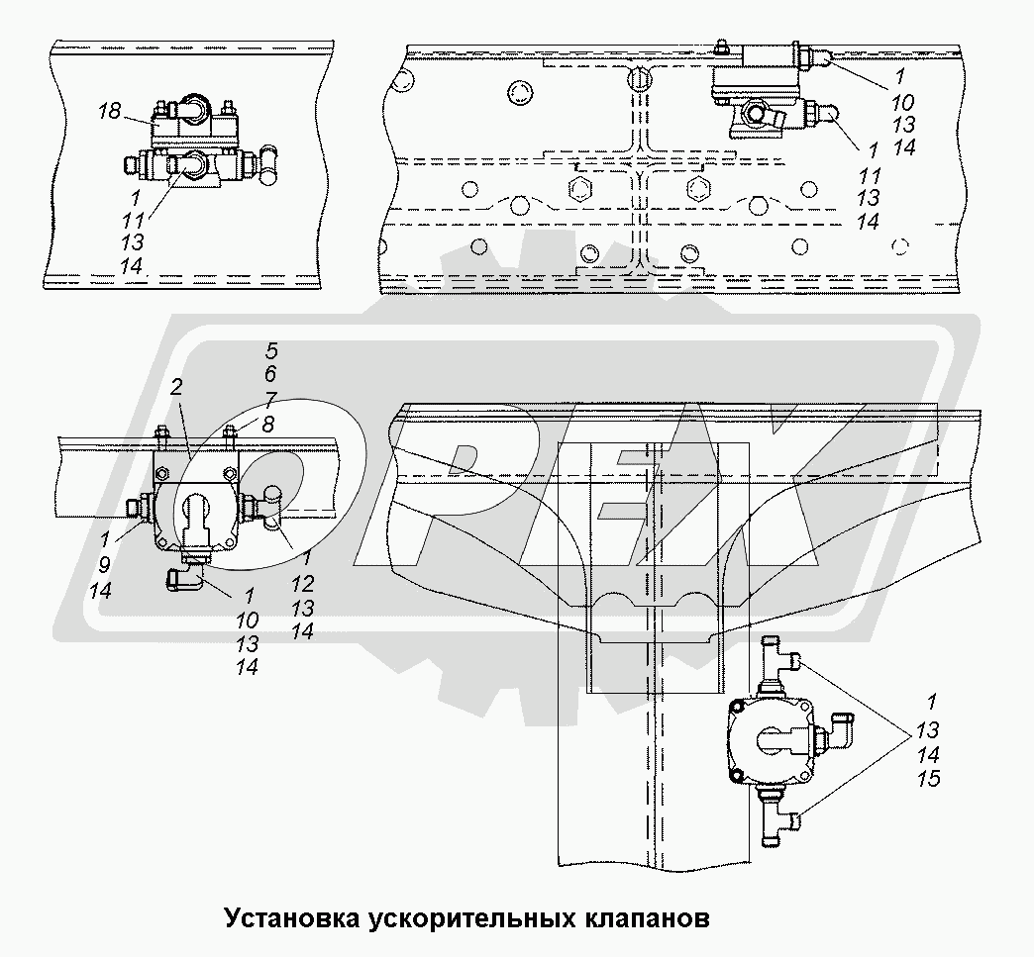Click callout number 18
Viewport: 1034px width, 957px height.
click(x=109, y=112)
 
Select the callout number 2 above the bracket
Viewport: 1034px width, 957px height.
click(x=174, y=386)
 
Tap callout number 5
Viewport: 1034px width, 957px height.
click(x=270, y=350)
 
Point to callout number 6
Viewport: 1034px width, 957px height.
click(x=270, y=374)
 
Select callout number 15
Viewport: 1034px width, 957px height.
click(x=928, y=779)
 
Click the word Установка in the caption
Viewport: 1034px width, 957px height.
click(x=291, y=916)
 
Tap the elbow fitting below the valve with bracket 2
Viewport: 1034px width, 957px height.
click(x=184, y=578)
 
